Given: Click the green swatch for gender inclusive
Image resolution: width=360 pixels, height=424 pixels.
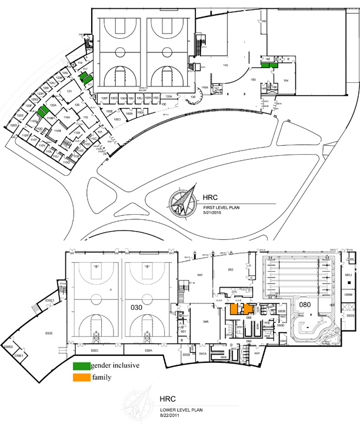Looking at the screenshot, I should pyautogui.click(x=82, y=366).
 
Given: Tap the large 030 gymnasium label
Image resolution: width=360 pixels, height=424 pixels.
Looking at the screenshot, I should pyautogui.click(x=136, y=306).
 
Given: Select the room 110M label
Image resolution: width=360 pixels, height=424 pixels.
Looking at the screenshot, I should pyautogui.click(x=57, y=132).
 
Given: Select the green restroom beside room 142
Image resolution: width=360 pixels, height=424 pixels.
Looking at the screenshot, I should pyautogui.click(x=272, y=66).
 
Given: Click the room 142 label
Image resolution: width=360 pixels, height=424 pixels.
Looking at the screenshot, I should pyautogui.click(x=268, y=60).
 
